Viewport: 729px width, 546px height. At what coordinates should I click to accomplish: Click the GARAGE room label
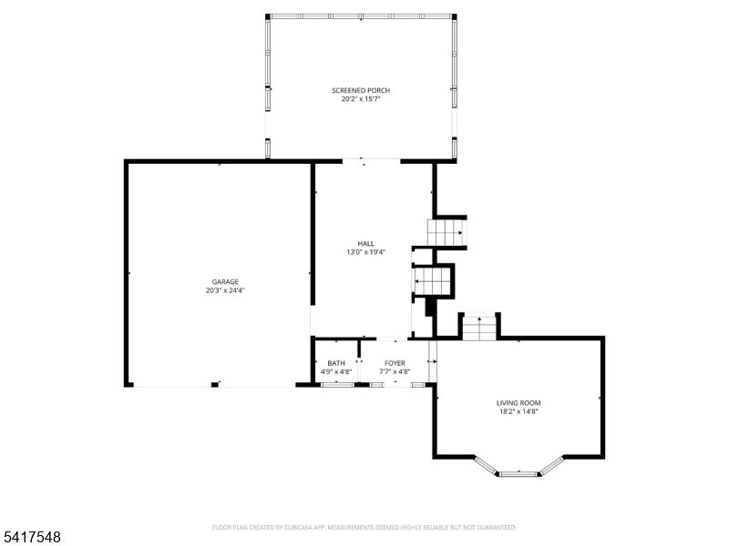225,282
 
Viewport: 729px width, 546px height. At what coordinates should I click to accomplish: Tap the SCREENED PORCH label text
361,90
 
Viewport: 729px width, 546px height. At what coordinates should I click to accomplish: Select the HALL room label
366,244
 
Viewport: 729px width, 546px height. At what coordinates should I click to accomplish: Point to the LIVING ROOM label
519,403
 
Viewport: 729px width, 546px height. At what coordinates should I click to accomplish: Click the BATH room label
336,363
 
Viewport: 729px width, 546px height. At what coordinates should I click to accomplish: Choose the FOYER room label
395,363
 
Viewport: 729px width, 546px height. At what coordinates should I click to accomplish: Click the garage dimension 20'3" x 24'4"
225,290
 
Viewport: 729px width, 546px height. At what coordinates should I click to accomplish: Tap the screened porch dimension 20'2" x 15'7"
361,99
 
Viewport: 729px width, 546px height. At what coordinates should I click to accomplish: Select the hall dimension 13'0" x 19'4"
366,252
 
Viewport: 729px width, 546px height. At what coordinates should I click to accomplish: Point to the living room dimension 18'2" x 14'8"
519,411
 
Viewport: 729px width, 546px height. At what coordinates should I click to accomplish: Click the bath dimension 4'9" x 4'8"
336,371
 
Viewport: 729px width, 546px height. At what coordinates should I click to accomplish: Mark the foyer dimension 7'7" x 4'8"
395,371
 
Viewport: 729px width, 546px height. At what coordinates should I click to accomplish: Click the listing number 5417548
31,537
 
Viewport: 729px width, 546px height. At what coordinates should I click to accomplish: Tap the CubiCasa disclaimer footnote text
364,528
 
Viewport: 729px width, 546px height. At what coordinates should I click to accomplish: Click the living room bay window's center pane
518,474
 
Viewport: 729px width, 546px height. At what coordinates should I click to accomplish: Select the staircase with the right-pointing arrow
447,233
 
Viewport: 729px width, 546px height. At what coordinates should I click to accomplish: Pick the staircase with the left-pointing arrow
432,281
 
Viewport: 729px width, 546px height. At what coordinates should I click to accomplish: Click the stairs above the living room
479,327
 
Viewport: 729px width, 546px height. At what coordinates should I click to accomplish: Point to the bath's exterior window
338,384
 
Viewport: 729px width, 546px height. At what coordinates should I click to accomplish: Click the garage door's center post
215,384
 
